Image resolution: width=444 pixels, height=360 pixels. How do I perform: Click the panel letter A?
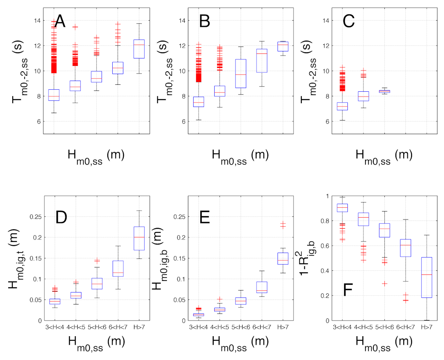60,21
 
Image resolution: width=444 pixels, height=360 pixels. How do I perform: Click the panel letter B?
204,21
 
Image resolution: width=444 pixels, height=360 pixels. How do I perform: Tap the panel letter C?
349,21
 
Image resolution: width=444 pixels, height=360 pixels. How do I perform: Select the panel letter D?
61,217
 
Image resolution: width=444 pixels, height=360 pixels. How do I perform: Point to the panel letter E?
204,217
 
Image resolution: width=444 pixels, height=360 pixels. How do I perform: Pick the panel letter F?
348,290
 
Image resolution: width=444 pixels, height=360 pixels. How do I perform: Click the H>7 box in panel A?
139,49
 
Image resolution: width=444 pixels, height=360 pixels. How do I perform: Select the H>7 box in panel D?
139,238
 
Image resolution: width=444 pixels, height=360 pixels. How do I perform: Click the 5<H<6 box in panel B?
240,74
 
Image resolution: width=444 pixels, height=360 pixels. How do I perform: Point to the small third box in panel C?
384,91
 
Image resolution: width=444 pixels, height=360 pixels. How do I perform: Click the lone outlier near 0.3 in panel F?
384,284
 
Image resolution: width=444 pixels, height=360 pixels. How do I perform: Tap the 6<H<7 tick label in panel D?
118,327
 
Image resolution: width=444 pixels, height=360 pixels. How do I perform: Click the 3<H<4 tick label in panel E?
199,327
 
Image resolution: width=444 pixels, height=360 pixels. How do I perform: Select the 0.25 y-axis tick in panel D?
36,216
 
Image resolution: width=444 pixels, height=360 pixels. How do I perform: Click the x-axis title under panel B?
240,157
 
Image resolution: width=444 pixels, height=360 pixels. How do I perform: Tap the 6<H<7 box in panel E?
262,287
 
